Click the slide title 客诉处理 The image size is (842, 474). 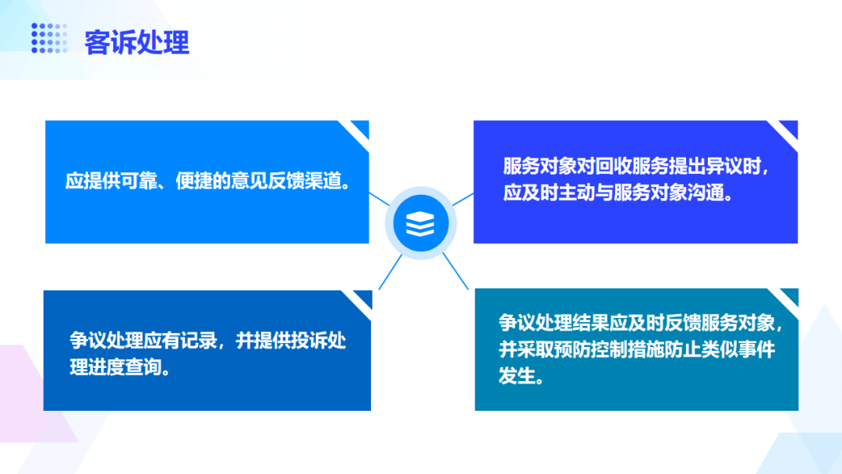(x=137, y=42)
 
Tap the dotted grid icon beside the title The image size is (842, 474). (x=49, y=38)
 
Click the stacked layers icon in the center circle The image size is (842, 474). (x=420, y=223)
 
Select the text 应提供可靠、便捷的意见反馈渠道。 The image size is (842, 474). (x=207, y=182)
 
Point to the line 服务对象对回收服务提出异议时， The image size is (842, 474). (x=636, y=166)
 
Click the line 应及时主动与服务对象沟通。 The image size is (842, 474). (x=618, y=193)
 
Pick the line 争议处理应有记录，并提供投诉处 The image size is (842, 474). (x=208, y=341)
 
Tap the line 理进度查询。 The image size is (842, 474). (x=120, y=367)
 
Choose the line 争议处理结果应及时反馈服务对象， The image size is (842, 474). (x=641, y=324)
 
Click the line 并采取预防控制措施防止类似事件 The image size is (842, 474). (x=637, y=349)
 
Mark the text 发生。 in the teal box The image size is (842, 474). (x=522, y=377)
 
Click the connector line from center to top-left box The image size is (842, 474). (x=379, y=199)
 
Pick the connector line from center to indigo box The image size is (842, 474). (x=463, y=199)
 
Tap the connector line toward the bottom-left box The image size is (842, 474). (x=391, y=272)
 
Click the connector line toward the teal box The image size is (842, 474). (x=455, y=271)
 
